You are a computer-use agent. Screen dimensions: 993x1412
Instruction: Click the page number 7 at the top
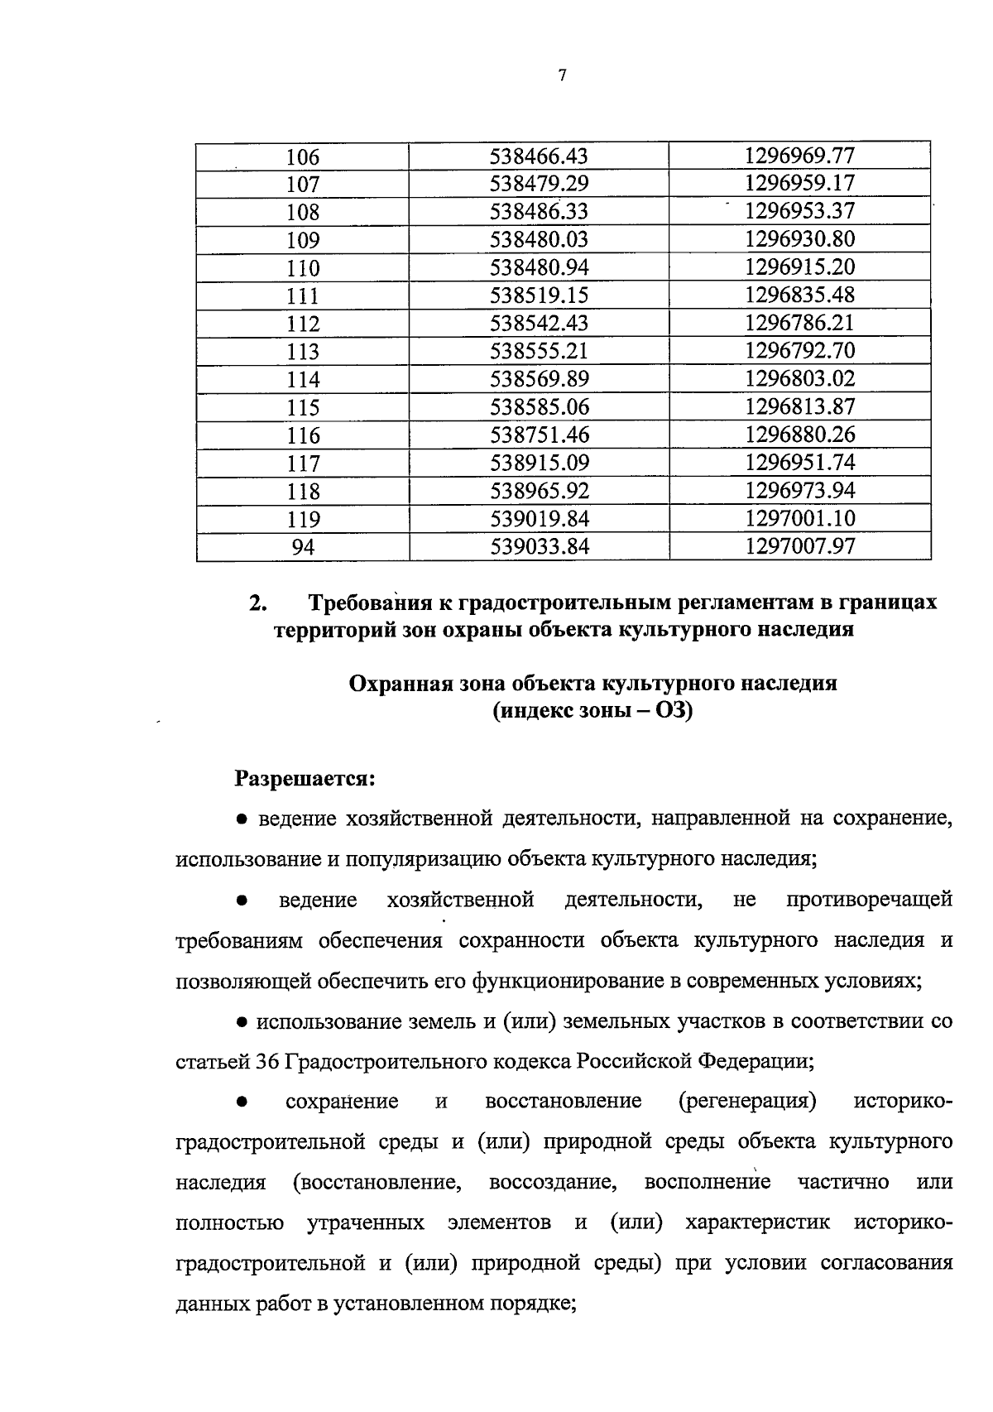coord(563,76)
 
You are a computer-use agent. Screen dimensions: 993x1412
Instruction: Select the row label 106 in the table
coord(302,157)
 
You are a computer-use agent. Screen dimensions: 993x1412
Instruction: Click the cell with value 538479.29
coord(539,184)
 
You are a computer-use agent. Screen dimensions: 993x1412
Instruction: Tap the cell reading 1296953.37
coord(799,211)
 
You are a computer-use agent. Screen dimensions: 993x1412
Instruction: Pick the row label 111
coord(302,296)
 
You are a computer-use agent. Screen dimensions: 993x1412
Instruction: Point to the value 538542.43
coord(539,324)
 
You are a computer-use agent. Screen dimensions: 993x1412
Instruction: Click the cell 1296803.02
coord(799,379)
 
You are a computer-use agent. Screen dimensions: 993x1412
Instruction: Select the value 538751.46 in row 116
coord(539,435)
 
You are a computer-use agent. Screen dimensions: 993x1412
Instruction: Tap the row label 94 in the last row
coord(302,547)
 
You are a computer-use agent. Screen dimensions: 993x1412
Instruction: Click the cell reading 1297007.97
coord(799,547)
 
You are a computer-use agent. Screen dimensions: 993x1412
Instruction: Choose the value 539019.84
coord(539,519)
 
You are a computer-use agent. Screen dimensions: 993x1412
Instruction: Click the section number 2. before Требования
coord(257,603)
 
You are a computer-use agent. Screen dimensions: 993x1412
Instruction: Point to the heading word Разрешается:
coord(305,779)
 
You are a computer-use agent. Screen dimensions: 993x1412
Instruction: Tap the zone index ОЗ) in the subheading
coord(674,710)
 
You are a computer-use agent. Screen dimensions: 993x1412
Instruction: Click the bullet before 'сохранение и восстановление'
coord(242,1102)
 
